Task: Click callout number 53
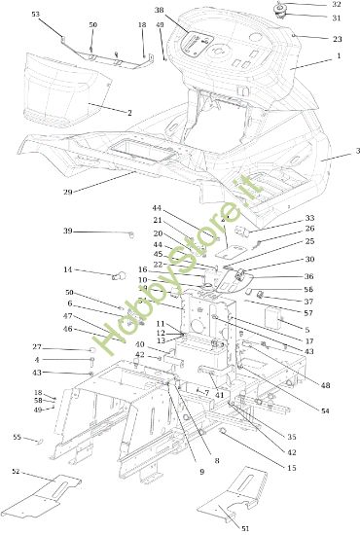(x=36, y=15)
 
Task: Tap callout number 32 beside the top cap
(x=337, y=5)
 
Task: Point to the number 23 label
(x=338, y=39)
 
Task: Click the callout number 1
(x=339, y=57)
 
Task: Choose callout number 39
(x=68, y=231)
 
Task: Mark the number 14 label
(x=68, y=269)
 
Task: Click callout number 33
(x=309, y=218)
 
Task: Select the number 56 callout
(x=308, y=289)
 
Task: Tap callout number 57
(x=308, y=313)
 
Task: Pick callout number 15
(x=291, y=469)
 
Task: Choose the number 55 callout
(x=17, y=437)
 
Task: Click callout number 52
(x=16, y=471)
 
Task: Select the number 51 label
(x=244, y=528)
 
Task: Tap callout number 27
(x=36, y=347)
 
